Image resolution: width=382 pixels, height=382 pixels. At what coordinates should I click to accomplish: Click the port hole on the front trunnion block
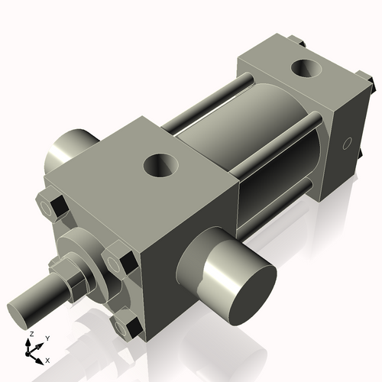point(162,163)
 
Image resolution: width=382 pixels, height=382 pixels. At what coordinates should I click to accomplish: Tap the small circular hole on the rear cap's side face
point(348,142)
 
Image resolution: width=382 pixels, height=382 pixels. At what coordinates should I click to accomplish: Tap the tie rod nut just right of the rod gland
point(117,262)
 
